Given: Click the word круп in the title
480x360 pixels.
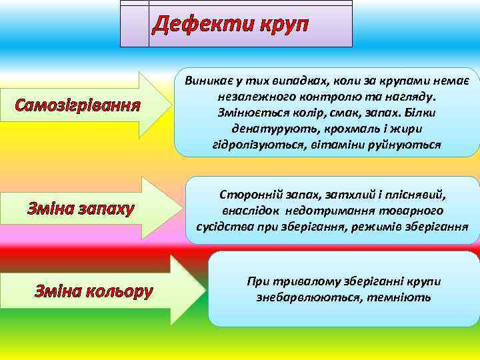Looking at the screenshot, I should coord(281,25).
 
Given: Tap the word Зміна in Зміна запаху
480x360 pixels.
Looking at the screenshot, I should coord(50,209).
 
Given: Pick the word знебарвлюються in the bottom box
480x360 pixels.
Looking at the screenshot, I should coord(303,297).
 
